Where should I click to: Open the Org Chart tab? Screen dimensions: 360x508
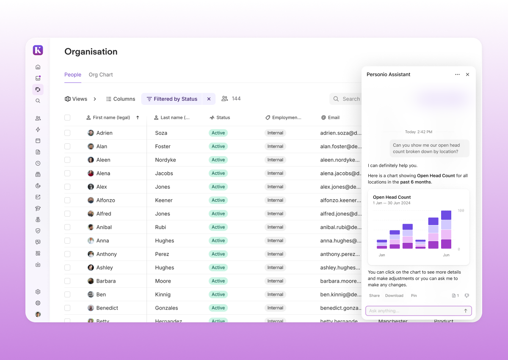pos(101,75)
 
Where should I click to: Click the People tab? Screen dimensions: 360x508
pos(73,75)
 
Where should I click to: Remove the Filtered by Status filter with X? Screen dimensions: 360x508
pos(209,99)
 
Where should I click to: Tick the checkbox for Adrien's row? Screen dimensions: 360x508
pos(67,133)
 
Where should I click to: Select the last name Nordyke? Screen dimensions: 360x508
pos(166,160)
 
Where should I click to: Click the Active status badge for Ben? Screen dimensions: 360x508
pos(218,294)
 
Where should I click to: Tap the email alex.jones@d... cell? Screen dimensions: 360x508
pos(340,187)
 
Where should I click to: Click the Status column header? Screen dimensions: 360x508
pos(223,118)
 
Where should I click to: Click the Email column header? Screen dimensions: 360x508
pos(334,118)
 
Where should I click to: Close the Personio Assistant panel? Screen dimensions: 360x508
pos(467,74)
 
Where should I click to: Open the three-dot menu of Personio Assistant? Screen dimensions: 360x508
pos(457,74)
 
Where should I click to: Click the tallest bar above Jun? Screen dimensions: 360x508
pos(446,229)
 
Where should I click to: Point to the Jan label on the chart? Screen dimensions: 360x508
pos(382,255)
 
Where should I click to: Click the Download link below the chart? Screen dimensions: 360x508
pos(394,296)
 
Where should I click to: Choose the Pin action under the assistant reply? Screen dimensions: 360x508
pos(414,296)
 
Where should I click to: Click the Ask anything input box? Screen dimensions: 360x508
pos(414,311)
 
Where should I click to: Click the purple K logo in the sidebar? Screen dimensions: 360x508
pos(38,50)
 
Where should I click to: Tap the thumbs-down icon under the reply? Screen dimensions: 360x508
pos(467,296)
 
